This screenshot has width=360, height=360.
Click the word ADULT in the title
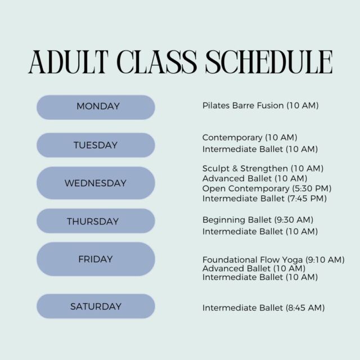click(x=69, y=62)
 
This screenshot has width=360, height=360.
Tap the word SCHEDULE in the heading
click(x=269, y=62)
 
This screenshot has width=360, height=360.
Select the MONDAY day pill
click(x=96, y=107)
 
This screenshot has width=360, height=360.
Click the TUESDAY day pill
click(x=96, y=145)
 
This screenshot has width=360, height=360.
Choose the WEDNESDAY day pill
click(x=96, y=183)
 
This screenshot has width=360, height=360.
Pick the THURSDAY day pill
click(x=96, y=221)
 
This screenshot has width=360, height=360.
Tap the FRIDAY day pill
click(x=96, y=259)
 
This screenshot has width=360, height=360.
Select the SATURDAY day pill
click(x=96, y=306)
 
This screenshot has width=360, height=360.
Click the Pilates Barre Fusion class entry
click(x=260, y=106)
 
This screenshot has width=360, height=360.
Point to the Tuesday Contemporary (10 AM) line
click(x=250, y=137)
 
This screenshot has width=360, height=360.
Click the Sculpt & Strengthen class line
click(x=263, y=169)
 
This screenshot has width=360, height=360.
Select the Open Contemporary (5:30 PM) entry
click(x=267, y=188)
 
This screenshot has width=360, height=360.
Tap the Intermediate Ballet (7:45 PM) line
click(x=264, y=199)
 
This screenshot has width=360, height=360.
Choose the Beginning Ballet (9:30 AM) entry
click(x=258, y=220)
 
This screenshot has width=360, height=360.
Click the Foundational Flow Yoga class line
click(x=273, y=260)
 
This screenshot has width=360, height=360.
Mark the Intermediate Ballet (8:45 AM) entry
click(x=264, y=308)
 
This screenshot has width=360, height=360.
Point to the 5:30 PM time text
click(x=312, y=188)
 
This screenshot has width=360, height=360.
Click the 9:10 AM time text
click(x=325, y=260)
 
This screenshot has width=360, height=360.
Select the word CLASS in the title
click(x=157, y=62)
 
